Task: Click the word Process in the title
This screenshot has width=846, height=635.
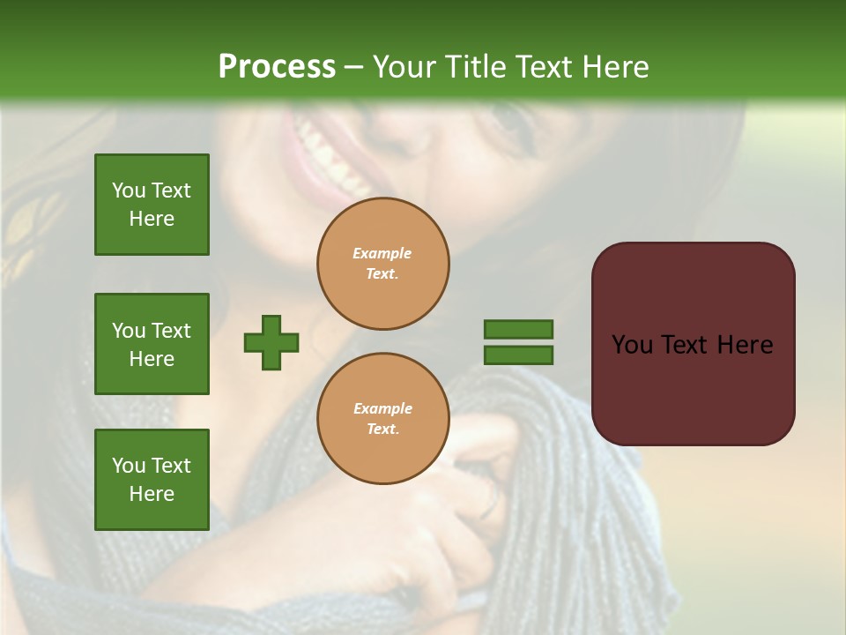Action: pyautogui.click(x=277, y=67)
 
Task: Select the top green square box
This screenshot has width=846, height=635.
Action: pyautogui.click(x=152, y=205)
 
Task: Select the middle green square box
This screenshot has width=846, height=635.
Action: pyautogui.click(x=152, y=344)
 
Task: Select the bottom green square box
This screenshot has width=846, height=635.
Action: pyautogui.click(x=152, y=480)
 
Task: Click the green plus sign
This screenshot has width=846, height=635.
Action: pyautogui.click(x=271, y=342)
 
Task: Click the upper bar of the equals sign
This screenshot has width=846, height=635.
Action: pyautogui.click(x=518, y=329)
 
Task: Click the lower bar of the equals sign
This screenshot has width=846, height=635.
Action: pyautogui.click(x=518, y=355)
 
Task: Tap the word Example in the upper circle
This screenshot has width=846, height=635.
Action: pyautogui.click(x=382, y=253)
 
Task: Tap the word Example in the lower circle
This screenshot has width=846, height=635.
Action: pyautogui.click(x=382, y=408)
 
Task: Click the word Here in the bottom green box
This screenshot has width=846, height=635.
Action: pyautogui.click(x=152, y=494)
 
